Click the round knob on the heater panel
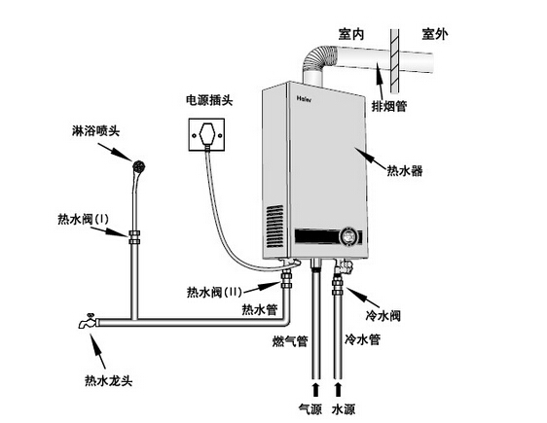[347, 237]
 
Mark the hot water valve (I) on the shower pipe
[132, 233]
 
